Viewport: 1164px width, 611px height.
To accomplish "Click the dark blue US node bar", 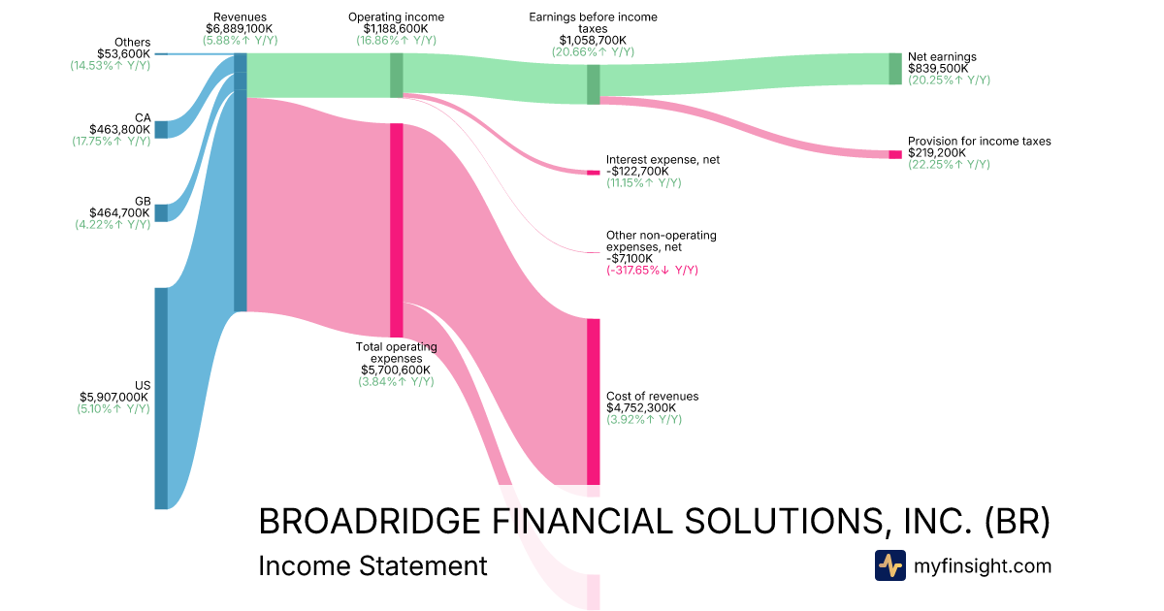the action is point(161,399).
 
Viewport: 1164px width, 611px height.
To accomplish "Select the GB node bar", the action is point(161,213).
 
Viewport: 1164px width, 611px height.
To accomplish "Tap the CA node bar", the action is point(161,130).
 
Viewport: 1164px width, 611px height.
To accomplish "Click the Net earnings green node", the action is point(894,69).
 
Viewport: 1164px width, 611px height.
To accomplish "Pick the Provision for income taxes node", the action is point(894,154).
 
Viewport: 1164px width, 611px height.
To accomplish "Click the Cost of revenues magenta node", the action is point(593,402).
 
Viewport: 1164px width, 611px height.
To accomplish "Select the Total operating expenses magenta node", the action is point(396,230).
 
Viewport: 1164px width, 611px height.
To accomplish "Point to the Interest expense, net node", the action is point(593,173).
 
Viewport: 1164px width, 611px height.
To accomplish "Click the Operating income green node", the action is point(396,76).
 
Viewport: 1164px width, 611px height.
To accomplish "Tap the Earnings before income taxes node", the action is point(593,84).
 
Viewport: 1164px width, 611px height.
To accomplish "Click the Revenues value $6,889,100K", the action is point(239,28).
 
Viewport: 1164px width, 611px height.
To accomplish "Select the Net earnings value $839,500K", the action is point(938,69).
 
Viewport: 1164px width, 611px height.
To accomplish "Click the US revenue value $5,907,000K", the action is point(114,398).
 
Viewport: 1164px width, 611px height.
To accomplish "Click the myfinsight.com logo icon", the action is point(890,565).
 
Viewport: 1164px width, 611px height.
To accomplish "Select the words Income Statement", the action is point(372,566).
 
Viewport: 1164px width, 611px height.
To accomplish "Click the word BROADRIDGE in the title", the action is point(370,522).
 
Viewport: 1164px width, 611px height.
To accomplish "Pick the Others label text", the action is point(133,42).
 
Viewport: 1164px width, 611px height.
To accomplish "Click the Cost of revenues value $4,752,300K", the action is point(641,408).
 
